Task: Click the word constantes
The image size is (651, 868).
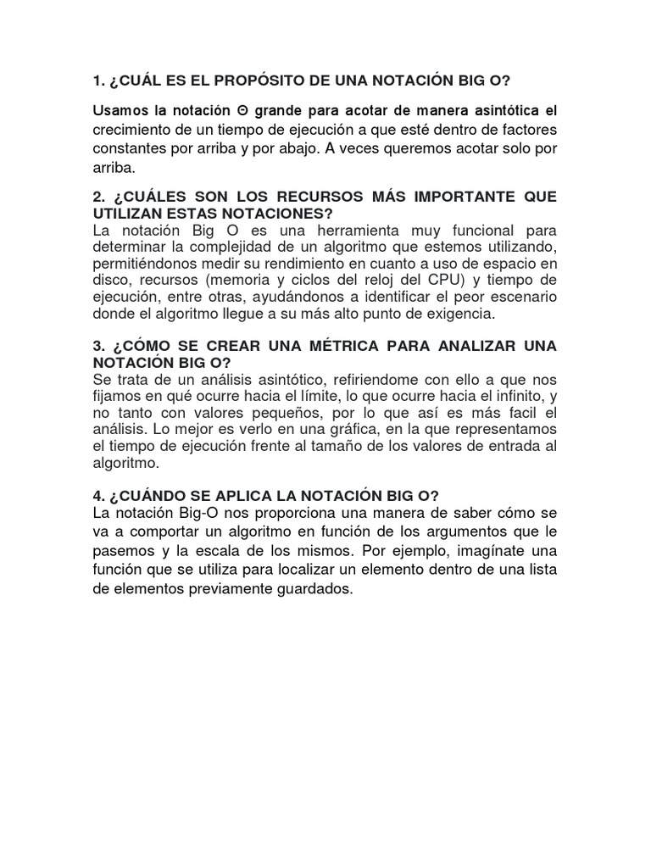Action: click(x=129, y=149)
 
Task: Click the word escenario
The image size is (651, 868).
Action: click(x=520, y=297)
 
